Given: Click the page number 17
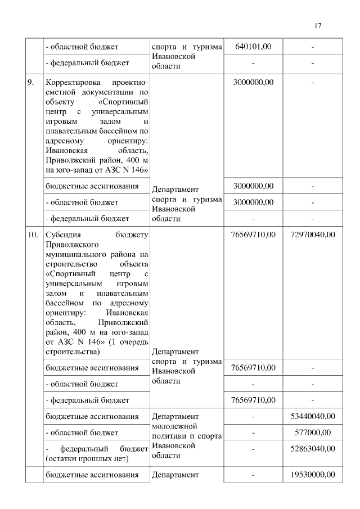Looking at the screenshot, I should [x=318, y=26].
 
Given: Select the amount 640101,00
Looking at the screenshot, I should [x=253, y=47].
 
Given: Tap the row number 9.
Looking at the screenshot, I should [x=31, y=83].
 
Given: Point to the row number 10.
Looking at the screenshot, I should [x=33, y=235].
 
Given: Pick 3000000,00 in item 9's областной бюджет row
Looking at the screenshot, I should [x=253, y=202].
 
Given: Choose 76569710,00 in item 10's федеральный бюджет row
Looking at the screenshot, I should [x=253, y=400].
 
